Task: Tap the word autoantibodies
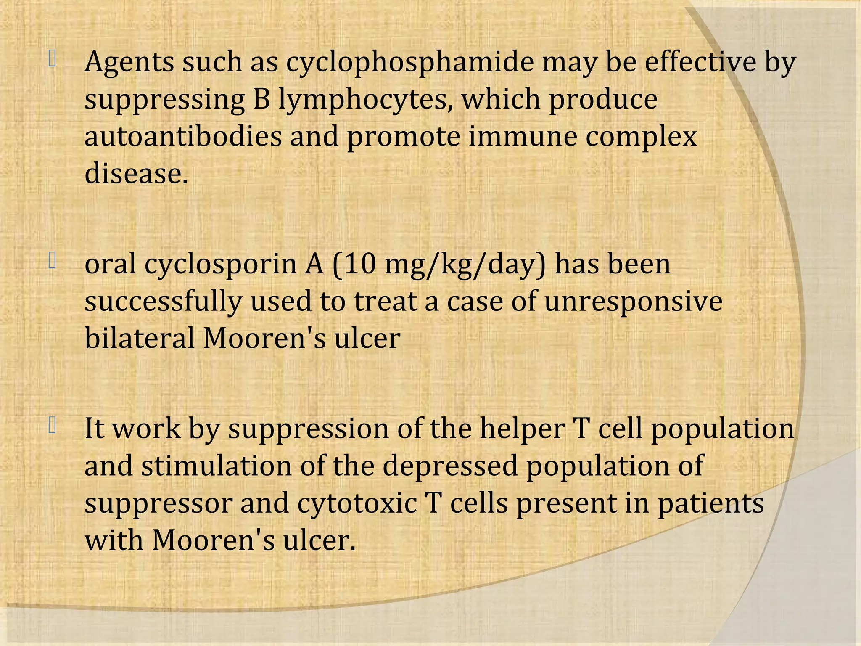pos(183,137)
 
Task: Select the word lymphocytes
pos(366,100)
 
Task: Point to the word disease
pos(136,173)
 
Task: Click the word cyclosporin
pos(220,265)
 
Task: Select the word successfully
pos(163,302)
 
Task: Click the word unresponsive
pos(634,302)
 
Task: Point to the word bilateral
pos(139,338)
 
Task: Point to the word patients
pos(710,504)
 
